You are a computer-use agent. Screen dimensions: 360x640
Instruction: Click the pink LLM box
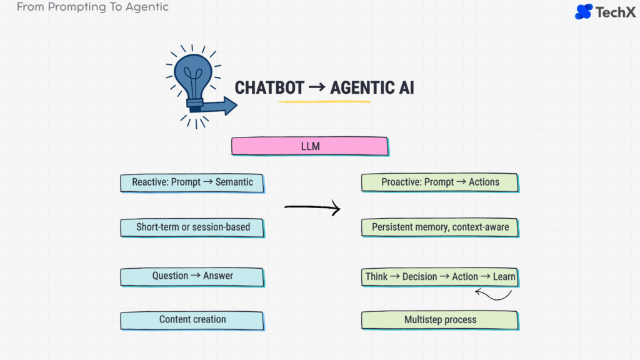[x=309, y=146]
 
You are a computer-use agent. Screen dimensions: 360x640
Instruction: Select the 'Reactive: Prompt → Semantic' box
[x=192, y=182]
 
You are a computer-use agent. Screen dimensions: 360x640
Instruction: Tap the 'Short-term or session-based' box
[x=192, y=227]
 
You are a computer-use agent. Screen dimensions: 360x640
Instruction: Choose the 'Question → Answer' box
[x=192, y=276]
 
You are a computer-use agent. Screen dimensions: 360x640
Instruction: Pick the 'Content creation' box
[x=192, y=319]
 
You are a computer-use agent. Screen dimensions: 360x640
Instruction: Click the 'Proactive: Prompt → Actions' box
[x=440, y=182]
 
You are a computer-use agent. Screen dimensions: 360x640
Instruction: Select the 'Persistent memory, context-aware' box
[x=440, y=227]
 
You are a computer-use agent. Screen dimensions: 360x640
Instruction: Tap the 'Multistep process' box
[x=440, y=320]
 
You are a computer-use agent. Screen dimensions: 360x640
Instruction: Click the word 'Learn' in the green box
[x=504, y=276]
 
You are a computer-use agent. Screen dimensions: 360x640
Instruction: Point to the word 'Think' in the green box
[x=376, y=276]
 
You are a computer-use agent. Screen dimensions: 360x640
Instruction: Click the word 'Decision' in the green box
[x=420, y=276]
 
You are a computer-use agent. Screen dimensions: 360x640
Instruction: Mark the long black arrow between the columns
[x=312, y=207]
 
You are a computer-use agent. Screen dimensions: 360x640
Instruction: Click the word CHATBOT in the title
[x=269, y=88]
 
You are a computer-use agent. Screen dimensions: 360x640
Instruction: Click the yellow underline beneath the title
[x=324, y=101]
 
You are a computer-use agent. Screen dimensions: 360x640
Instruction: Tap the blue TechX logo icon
[x=583, y=11]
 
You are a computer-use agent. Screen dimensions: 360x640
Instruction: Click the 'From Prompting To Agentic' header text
[x=92, y=7]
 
